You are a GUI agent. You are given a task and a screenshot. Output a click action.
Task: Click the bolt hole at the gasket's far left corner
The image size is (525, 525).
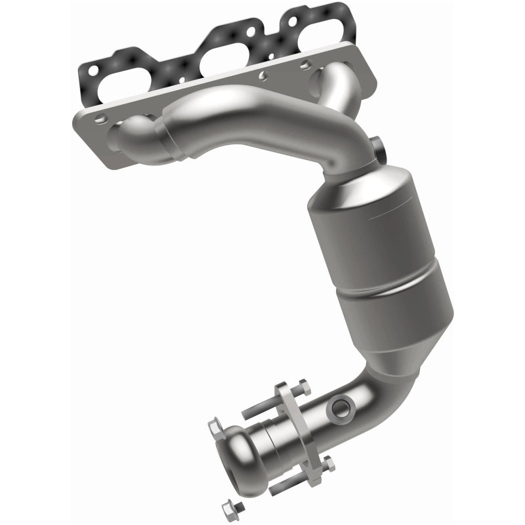(x=93, y=69)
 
